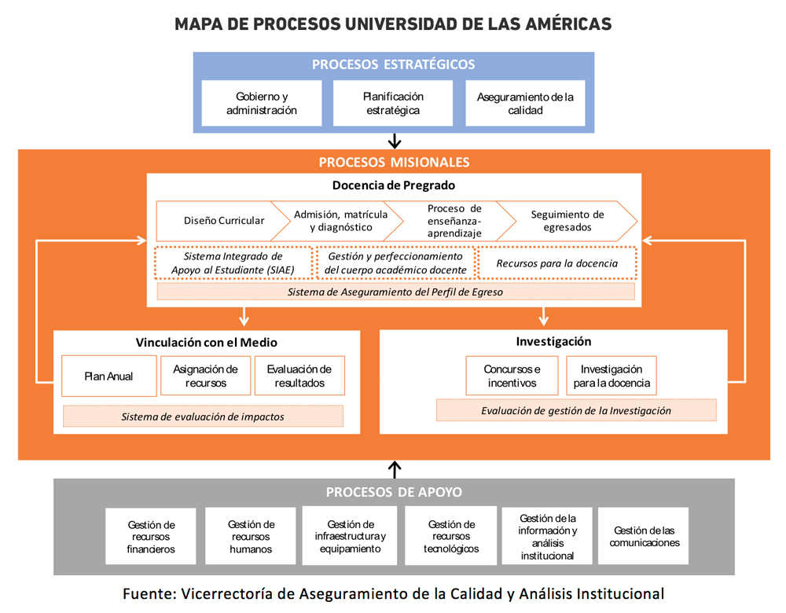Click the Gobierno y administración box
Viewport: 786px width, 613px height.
262,103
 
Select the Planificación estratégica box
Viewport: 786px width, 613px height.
393,103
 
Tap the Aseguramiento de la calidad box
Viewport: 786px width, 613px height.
525,103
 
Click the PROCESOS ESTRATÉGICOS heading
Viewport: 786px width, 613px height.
393,64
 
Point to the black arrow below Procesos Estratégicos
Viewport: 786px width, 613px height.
395,141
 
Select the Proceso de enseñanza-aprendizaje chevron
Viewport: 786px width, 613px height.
454,221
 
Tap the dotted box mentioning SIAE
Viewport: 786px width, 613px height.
233,263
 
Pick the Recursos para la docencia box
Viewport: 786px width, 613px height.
556,263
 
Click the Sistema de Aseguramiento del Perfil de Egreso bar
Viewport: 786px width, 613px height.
395,292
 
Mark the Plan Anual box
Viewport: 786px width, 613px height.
108,376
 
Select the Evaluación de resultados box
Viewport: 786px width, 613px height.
299,376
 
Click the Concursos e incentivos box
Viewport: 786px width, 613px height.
512,376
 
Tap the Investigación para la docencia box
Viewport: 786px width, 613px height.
612,376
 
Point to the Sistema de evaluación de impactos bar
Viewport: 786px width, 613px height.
203,417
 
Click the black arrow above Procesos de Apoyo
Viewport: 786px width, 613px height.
395,469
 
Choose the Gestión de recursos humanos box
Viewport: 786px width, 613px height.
251,537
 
